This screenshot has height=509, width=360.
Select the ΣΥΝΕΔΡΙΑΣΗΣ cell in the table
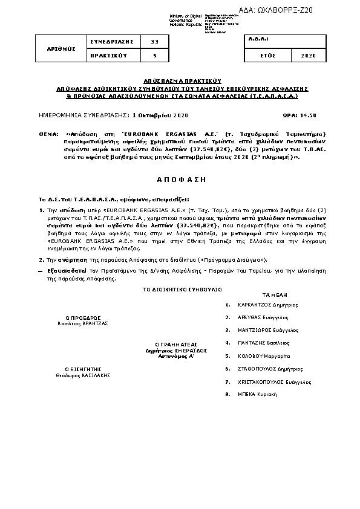pyautogui.click(x=107, y=41)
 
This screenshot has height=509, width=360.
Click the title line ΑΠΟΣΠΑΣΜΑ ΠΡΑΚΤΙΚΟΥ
pyautogui.click(x=180, y=80)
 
